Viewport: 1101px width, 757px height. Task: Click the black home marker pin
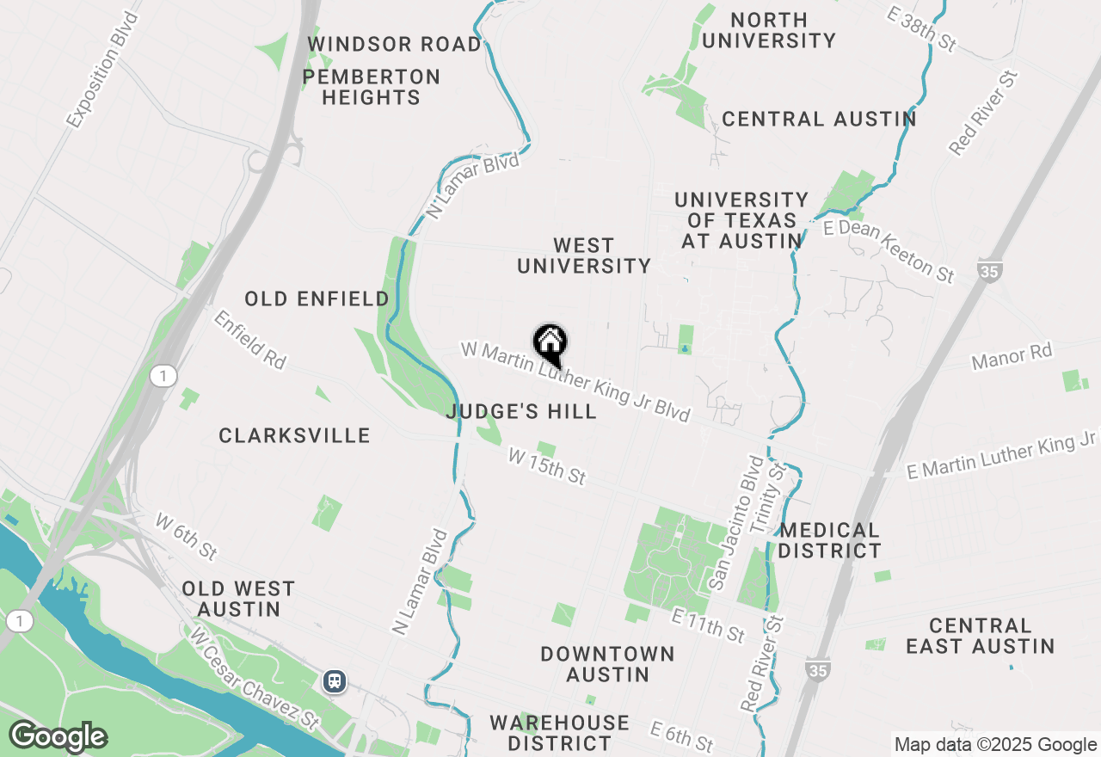pyautogui.click(x=550, y=345)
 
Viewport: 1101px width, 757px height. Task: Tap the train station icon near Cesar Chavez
pyautogui.click(x=335, y=681)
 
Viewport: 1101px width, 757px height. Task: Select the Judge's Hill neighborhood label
pyautogui.click(x=521, y=412)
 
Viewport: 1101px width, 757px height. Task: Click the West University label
pyautogui.click(x=584, y=256)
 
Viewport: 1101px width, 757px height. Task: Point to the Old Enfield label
pyautogui.click(x=317, y=299)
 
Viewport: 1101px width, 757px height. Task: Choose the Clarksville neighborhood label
pyautogui.click(x=294, y=436)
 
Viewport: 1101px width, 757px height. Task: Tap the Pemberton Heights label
pyautogui.click(x=372, y=88)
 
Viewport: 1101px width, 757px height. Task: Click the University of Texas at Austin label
pyautogui.click(x=741, y=221)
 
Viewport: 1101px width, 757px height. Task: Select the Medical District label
pyautogui.click(x=830, y=540)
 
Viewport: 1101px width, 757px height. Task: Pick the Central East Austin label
pyautogui.click(x=980, y=636)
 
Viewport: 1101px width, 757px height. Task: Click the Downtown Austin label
pyautogui.click(x=607, y=664)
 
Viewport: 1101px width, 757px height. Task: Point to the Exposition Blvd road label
pyautogui.click(x=102, y=71)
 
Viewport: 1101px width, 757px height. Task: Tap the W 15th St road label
pyautogui.click(x=547, y=465)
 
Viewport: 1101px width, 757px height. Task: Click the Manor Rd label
pyautogui.click(x=1012, y=355)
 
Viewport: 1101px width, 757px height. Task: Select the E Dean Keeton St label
pyautogui.click(x=889, y=250)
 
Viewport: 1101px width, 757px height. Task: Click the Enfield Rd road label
pyautogui.click(x=249, y=340)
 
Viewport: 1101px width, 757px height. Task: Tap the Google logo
pyautogui.click(x=58, y=737)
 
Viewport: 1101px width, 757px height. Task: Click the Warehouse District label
pyautogui.click(x=559, y=732)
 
